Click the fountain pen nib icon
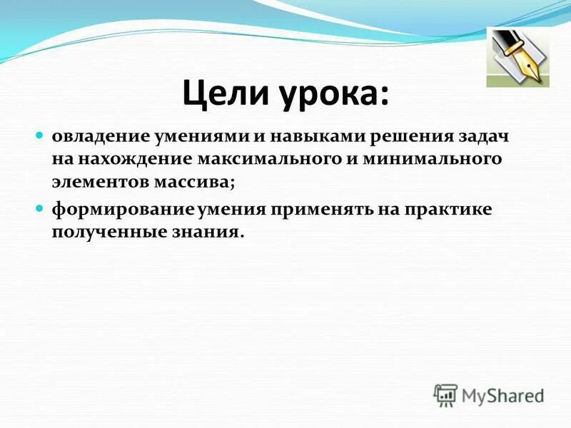(517, 57)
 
